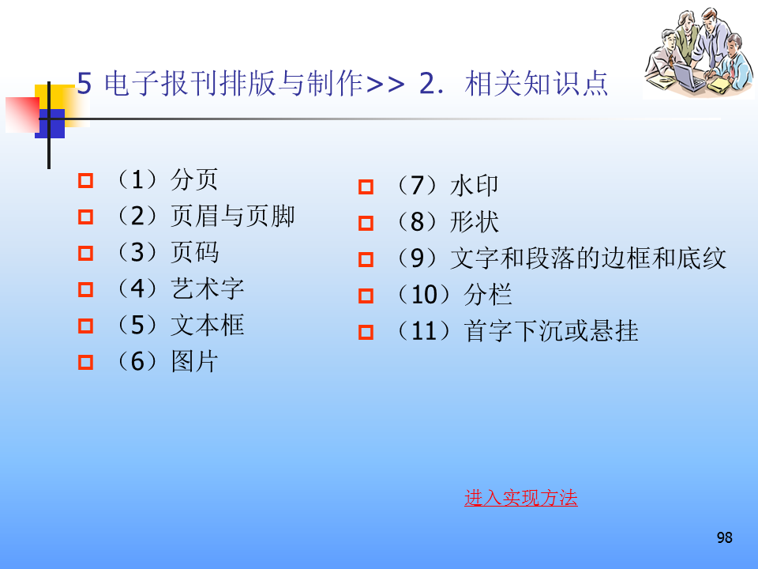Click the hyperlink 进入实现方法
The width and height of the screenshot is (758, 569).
coord(520,498)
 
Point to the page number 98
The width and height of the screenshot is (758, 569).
coord(724,537)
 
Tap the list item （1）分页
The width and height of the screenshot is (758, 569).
coord(166,180)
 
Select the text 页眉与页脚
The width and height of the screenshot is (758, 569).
coord(232,216)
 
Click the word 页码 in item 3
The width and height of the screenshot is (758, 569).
coord(195,252)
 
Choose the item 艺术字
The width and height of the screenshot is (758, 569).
coord(208,288)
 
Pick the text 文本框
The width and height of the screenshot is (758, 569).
coord(208,325)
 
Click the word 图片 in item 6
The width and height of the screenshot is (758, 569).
coord(195,361)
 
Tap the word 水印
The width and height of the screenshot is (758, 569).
coord(474,186)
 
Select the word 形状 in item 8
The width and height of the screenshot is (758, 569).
coord(474,222)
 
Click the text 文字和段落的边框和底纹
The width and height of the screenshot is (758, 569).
coord(587,258)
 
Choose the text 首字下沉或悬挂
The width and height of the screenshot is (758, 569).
coord(551,331)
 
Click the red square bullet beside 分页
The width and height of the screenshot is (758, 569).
coord(85,180)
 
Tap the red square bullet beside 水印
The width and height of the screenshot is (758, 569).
coord(366,187)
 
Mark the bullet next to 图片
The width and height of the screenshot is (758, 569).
coord(85,363)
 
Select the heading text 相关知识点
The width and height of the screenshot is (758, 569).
coord(536,83)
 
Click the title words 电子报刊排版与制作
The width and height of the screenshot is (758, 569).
coord(234,83)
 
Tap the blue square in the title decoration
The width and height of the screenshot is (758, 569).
coord(51,124)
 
